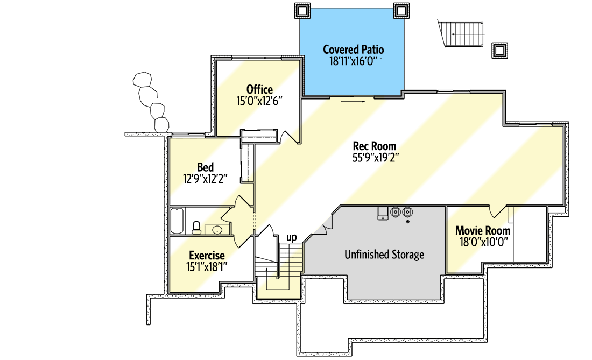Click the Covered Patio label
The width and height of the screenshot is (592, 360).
(x=353, y=50)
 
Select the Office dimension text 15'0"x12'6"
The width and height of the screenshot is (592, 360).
(x=259, y=101)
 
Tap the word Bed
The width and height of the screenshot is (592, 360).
(x=205, y=167)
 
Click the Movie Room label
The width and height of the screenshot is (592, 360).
(x=483, y=230)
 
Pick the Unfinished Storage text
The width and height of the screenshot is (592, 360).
(x=384, y=255)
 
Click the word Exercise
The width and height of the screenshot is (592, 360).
(x=207, y=256)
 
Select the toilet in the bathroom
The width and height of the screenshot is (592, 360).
(x=196, y=228)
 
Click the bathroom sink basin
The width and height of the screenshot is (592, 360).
(x=216, y=230)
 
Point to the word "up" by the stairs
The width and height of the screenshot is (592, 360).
(x=291, y=237)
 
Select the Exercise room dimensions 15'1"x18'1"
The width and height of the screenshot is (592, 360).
(x=207, y=266)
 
